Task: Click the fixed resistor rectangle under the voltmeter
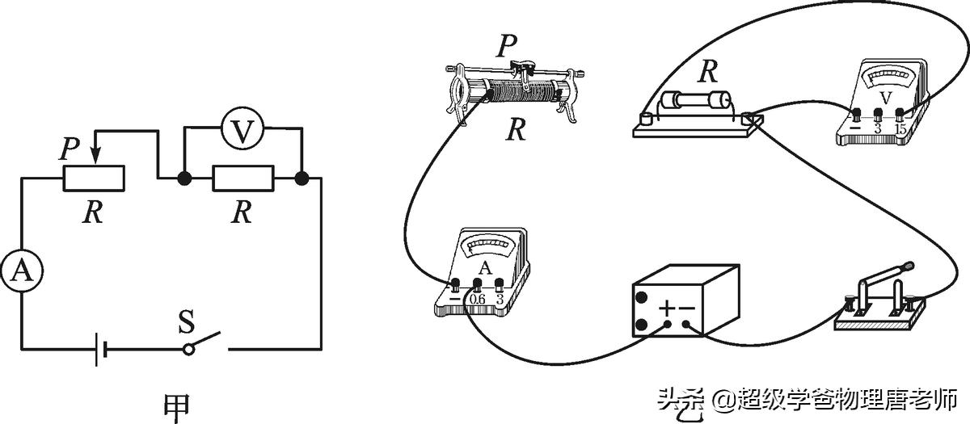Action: pos(242,178)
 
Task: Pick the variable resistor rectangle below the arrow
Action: pos(94,178)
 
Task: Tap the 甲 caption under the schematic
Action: pos(177,406)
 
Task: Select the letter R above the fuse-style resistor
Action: pos(708,72)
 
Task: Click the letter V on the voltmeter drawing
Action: pos(884,99)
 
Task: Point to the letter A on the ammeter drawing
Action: pos(485,268)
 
